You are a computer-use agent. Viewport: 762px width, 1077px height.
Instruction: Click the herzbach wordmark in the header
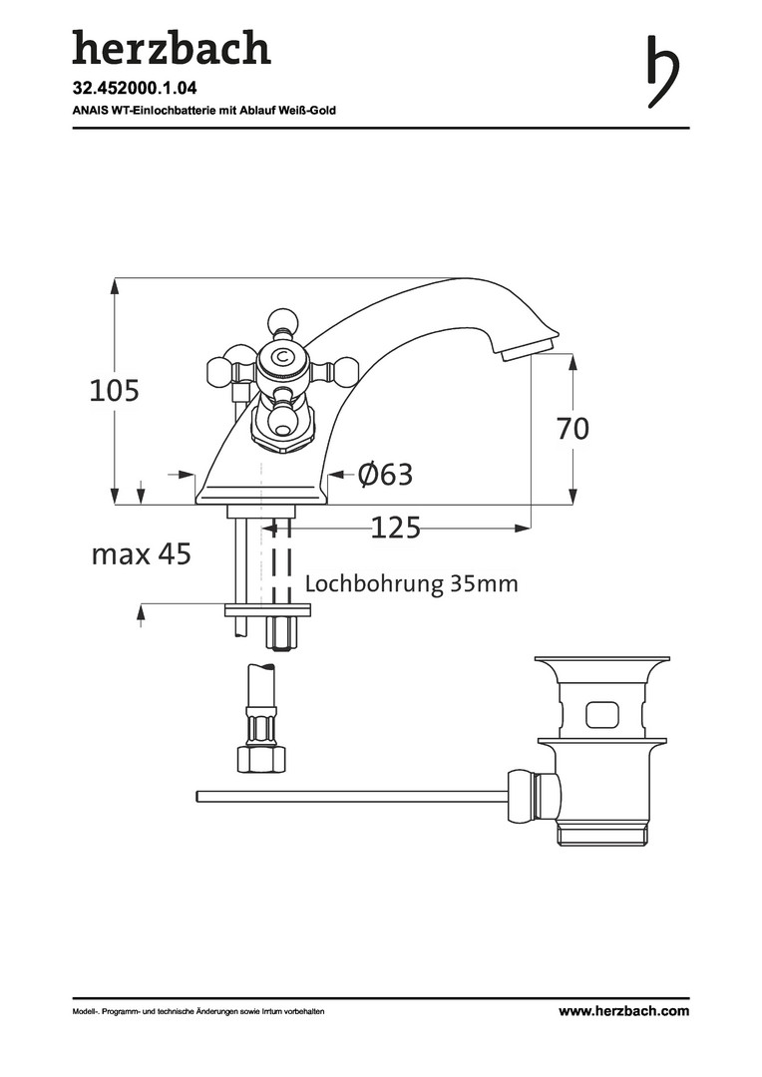click(172, 47)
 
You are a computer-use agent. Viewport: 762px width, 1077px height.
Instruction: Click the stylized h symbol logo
click(663, 72)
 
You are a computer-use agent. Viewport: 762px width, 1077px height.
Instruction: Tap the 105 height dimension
click(114, 390)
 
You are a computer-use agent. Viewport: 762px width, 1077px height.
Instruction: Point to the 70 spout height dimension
click(572, 429)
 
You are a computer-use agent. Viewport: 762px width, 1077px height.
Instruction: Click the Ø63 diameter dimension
click(385, 474)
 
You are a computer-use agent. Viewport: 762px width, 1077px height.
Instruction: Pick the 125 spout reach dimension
click(395, 528)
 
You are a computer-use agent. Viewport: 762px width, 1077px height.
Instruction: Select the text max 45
click(141, 553)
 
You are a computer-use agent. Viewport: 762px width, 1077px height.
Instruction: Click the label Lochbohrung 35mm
click(411, 583)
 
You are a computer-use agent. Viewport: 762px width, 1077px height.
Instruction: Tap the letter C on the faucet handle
click(281, 357)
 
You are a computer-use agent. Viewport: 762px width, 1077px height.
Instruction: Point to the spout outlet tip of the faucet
click(529, 348)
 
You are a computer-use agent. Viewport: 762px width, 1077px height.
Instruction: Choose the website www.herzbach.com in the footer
click(623, 1010)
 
